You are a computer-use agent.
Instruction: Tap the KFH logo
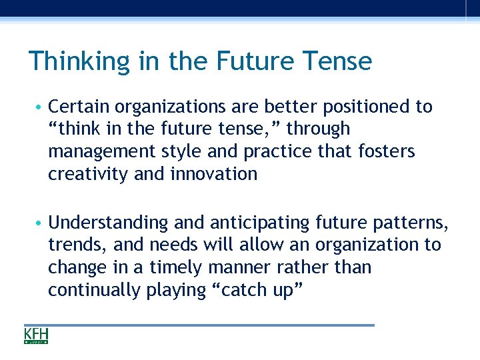(36, 335)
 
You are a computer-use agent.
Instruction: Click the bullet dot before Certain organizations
(41, 107)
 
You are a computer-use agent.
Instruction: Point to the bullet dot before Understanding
(41, 223)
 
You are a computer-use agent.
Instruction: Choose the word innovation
(215, 174)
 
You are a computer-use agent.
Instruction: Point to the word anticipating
(253, 222)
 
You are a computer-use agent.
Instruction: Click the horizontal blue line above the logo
(199, 325)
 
